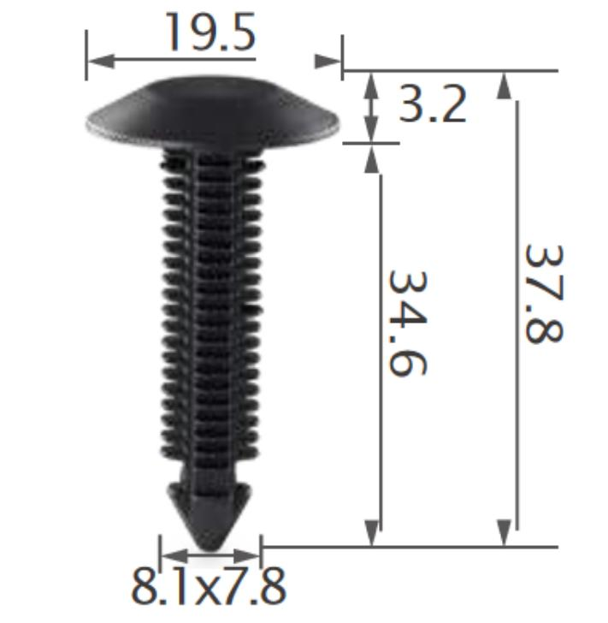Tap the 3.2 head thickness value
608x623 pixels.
433,104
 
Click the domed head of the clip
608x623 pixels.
213,110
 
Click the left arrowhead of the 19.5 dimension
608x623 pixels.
99,61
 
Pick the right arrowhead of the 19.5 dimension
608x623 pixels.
328,61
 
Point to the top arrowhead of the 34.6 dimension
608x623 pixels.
372,157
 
